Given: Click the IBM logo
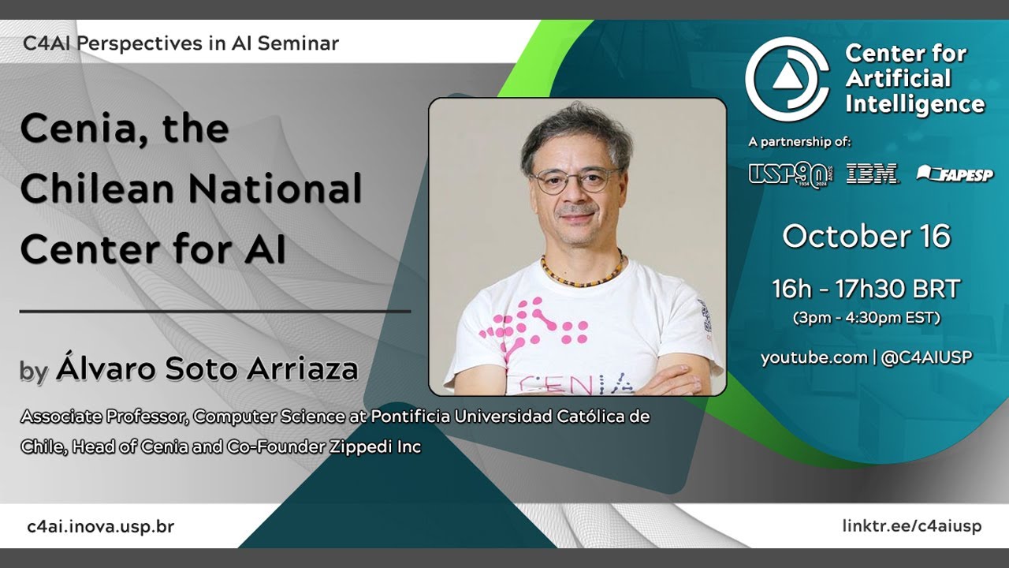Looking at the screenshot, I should tap(872, 174).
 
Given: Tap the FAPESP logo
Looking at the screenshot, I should tap(955, 174).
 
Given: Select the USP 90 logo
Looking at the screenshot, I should tap(790, 174).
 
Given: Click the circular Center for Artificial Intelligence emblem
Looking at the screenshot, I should tap(787, 79).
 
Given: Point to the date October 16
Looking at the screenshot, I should tap(866, 237).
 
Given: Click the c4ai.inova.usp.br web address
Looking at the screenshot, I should tap(100, 526).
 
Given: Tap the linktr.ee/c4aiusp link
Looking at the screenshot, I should tap(912, 526).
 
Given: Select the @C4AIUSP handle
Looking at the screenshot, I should tap(926, 357).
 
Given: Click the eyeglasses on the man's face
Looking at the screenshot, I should tap(575, 181).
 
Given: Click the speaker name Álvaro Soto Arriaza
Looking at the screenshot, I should tap(207, 369).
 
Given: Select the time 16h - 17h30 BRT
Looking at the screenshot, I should tap(866, 290).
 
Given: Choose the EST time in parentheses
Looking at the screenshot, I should tap(866, 319).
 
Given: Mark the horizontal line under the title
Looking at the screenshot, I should tap(214, 312).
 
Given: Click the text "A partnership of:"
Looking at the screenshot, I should tap(799, 142).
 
